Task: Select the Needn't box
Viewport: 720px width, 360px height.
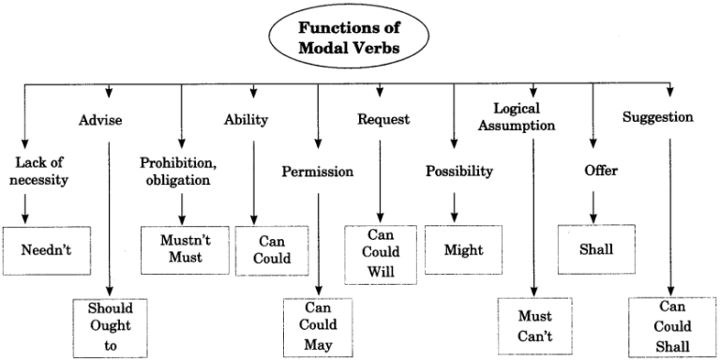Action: pos(47,249)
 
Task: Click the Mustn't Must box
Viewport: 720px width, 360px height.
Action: pos(179,248)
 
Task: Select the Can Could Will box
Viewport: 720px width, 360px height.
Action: pos(382,251)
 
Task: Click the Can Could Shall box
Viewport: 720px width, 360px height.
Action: pos(673,327)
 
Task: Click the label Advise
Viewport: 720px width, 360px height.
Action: pos(101,120)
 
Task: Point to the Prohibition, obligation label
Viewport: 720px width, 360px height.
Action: pos(178,170)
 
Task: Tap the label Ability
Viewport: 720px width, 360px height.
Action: pos(246,119)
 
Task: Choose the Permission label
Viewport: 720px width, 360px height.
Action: pos(318,172)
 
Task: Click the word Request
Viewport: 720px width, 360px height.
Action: pos(381,119)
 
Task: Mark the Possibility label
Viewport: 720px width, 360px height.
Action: pos(459,171)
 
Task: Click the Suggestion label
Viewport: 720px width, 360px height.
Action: pos(658,118)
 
